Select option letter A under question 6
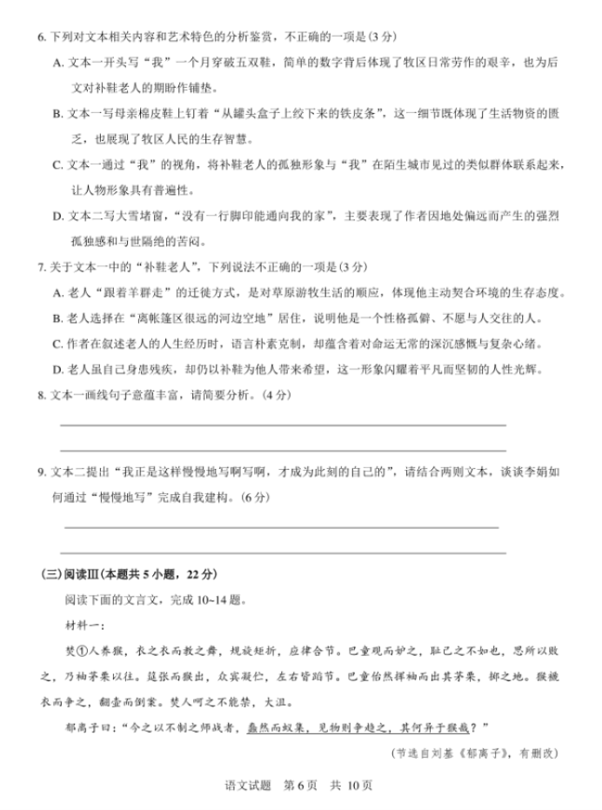point(58,63)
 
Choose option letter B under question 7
point(58,318)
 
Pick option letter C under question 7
point(58,344)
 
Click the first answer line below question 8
point(283,425)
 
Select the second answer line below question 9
point(283,552)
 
